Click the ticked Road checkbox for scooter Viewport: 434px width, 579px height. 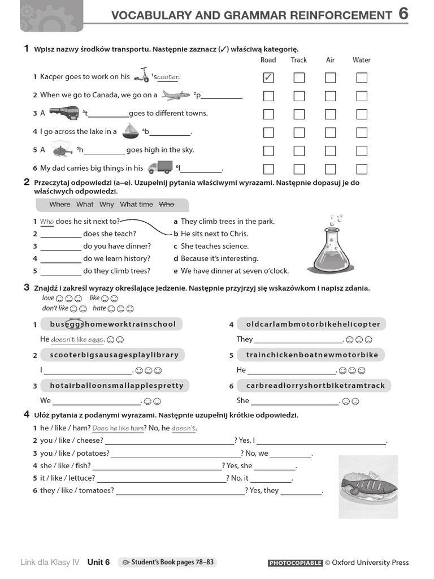[x=268, y=77]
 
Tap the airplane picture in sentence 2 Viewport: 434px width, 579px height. [x=175, y=95]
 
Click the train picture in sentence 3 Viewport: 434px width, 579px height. [x=64, y=113]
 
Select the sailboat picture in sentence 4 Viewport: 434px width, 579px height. [x=131, y=131]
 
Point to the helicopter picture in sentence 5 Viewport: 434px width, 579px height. [x=61, y=150]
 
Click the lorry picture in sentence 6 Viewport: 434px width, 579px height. [x=160, y=167]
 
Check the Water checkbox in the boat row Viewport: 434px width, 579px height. [x=362, y=133]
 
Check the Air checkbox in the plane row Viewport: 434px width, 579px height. [x=331, y=96]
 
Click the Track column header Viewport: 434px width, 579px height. [x=299, y=60]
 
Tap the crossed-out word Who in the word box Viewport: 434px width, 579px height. [x=167, y=204]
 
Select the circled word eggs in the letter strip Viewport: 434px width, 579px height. [x=74, y=324]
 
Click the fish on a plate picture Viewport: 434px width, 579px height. [x=368, y=486]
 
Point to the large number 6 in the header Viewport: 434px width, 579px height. [x=403, y=14]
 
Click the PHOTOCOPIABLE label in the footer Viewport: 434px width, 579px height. [x=295, y=563]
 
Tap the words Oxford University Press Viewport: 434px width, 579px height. [x=370, y=563]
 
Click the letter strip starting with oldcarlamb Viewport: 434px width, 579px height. [x=313, y=324]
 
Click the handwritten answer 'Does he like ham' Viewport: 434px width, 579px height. [x=118, y=429]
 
